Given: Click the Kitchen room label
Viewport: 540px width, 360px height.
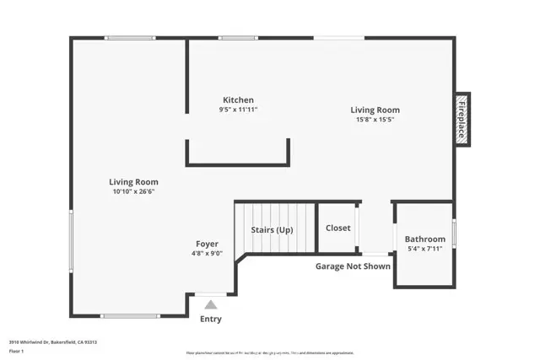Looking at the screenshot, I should [238, 99].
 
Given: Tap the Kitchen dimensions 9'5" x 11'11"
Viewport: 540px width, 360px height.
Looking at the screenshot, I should [238, 110].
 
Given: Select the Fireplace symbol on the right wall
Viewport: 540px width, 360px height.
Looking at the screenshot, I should [462, 119].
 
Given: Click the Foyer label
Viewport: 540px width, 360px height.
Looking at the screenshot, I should [208, 244].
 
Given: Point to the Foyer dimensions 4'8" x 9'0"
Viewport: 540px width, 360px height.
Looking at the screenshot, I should [208, 254].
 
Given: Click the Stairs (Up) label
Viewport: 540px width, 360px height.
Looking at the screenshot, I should [273, 229].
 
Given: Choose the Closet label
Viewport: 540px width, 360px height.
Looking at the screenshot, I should [338, 228].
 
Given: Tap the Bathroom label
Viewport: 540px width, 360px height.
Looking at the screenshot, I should [425, 239].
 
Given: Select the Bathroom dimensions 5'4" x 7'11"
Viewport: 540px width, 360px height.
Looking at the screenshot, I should [425, 249].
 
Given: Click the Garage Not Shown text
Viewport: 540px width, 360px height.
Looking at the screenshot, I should [353, 266].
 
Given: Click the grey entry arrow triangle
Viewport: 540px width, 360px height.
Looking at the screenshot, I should [211, 304].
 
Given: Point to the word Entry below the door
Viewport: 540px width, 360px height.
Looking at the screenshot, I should [211, 320].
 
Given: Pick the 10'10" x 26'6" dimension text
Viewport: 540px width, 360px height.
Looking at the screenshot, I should [133, 191].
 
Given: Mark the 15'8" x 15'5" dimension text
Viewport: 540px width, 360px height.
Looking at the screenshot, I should [375, 120].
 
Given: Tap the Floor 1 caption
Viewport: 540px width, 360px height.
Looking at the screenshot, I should [16, 351].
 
